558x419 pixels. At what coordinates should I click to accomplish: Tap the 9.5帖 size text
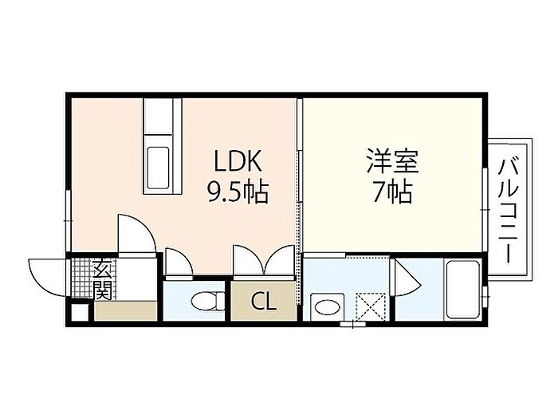(x=237, y=192)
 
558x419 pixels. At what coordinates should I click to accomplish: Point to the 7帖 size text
(x=392, y=192)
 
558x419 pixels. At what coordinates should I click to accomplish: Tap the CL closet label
(x=263, y=302)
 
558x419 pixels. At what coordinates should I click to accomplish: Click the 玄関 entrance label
(x=103, y=280)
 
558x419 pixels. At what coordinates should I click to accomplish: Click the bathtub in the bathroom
(x=462, y=289)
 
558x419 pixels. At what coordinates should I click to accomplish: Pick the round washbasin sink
(x=324, y=305)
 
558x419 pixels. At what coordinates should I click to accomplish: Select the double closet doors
(x=263, y=262)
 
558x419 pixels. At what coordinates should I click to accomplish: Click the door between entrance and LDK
(x=134, y=233)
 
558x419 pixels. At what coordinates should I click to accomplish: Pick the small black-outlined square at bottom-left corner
(x=78, y=312)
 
